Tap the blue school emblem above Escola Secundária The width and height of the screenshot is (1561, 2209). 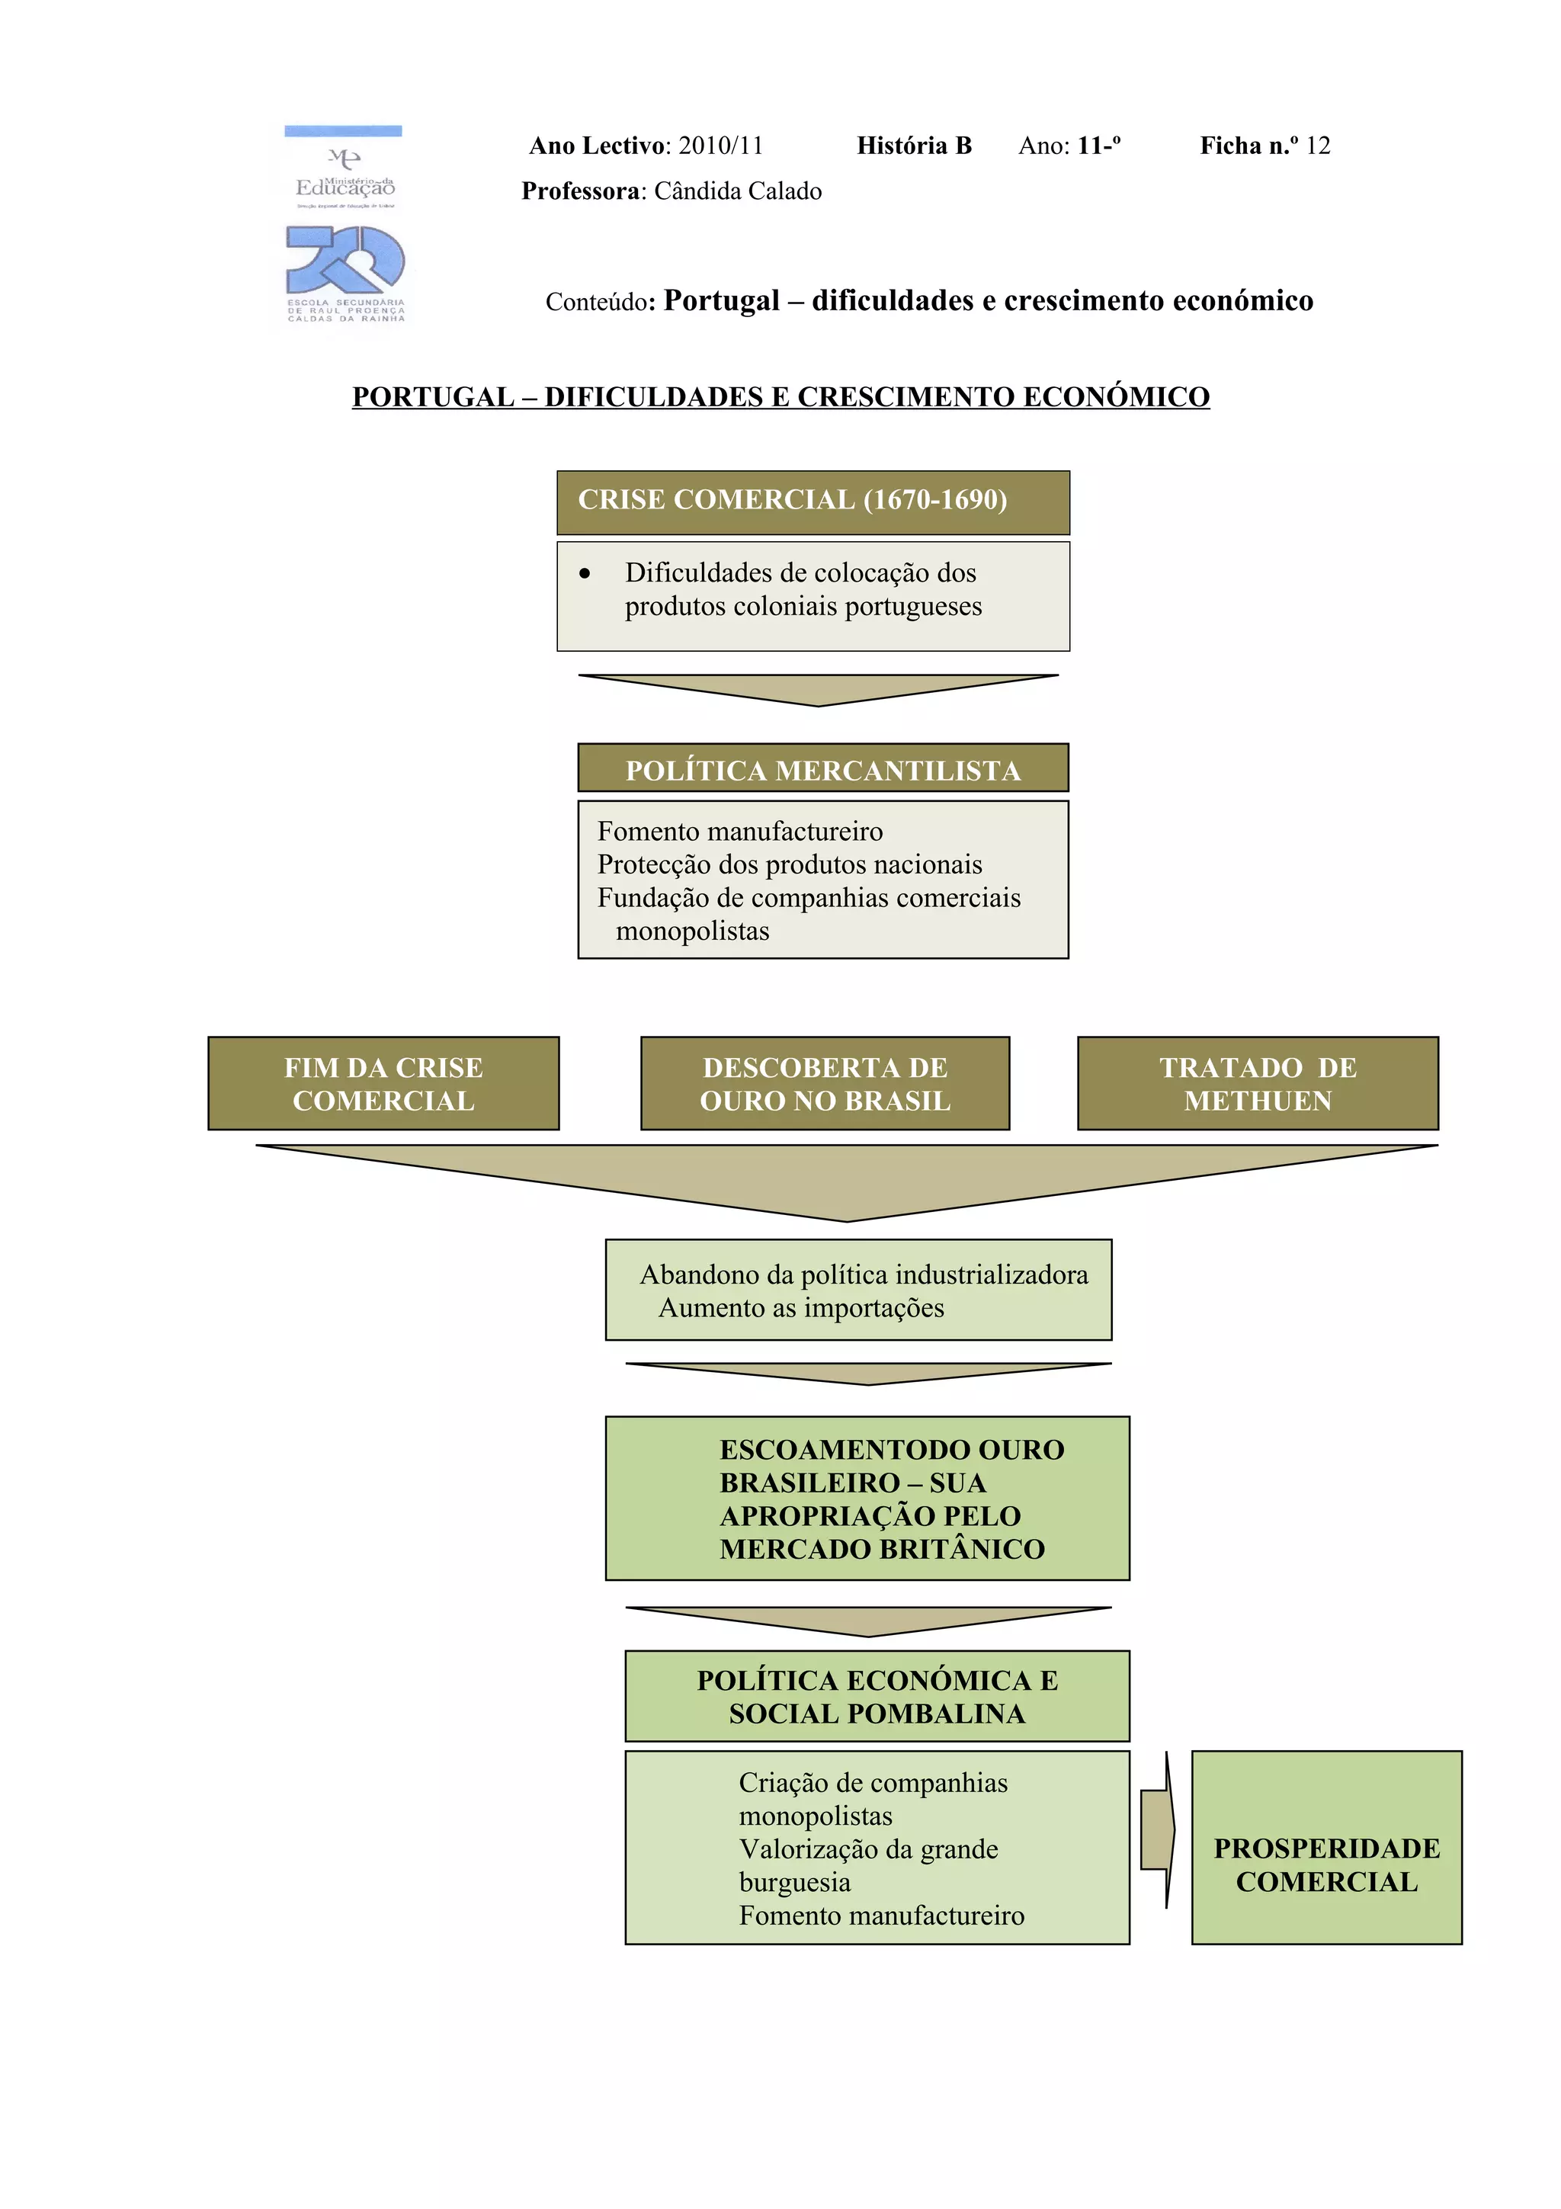click(x=345, y=259)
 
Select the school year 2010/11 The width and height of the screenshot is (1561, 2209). click(x=720, y=146)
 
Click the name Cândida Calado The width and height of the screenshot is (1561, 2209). click(x=738, y=191)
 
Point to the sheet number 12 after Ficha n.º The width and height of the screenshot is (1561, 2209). click(x=1318, y=146)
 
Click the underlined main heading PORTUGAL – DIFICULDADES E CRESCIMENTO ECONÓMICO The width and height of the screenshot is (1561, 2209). click(x=780, y=396)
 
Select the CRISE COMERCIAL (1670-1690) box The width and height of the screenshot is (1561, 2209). click(x=813, y=502)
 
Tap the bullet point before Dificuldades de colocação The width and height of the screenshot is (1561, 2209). click(x=585, y=573)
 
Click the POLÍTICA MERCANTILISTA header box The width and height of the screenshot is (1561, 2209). click(x=822, y=768)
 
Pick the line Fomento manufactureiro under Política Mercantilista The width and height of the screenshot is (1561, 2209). click(x=739, y=832)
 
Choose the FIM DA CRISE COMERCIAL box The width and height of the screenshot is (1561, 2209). click(x=383, y=1083)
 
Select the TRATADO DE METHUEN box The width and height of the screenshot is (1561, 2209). click(x=1257, y=1083)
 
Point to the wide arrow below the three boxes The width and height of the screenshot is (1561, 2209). click(x=846, y=1179)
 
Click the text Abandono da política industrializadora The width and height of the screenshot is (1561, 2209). click(x=864, y=1274)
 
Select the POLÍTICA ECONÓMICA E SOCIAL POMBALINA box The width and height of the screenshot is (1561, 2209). click(x=877, y=1696)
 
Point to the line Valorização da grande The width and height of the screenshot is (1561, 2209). click(x=867, y=1849)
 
